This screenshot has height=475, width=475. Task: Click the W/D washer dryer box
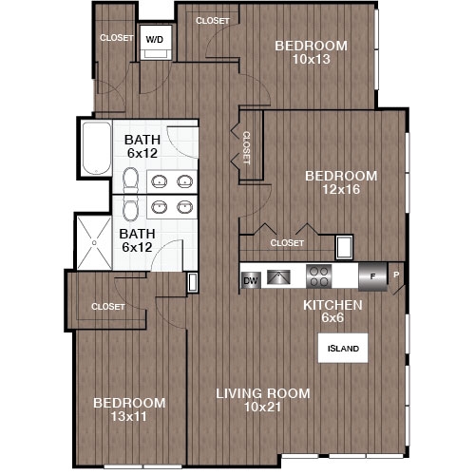pos(153,39)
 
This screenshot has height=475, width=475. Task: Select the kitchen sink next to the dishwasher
pos(278,277)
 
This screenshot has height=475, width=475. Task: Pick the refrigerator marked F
pos(372,276)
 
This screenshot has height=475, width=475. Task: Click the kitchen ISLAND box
pos(343,349)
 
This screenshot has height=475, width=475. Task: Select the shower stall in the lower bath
pos(97,242)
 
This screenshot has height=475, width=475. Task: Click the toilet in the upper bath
pos(130,181)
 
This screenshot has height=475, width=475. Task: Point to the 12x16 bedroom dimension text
pos(340,191)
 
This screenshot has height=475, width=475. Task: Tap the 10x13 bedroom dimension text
pos(311,60)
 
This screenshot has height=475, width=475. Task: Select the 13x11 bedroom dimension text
pos(129,417)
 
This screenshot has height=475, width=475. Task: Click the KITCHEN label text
pos(332,305)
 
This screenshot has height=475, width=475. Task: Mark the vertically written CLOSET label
pos(245,148)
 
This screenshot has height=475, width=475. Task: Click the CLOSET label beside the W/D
pos(116,39)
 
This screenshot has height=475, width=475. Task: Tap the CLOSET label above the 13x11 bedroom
pos(108,307)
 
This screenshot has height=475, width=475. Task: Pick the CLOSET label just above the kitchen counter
pos(286,243)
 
